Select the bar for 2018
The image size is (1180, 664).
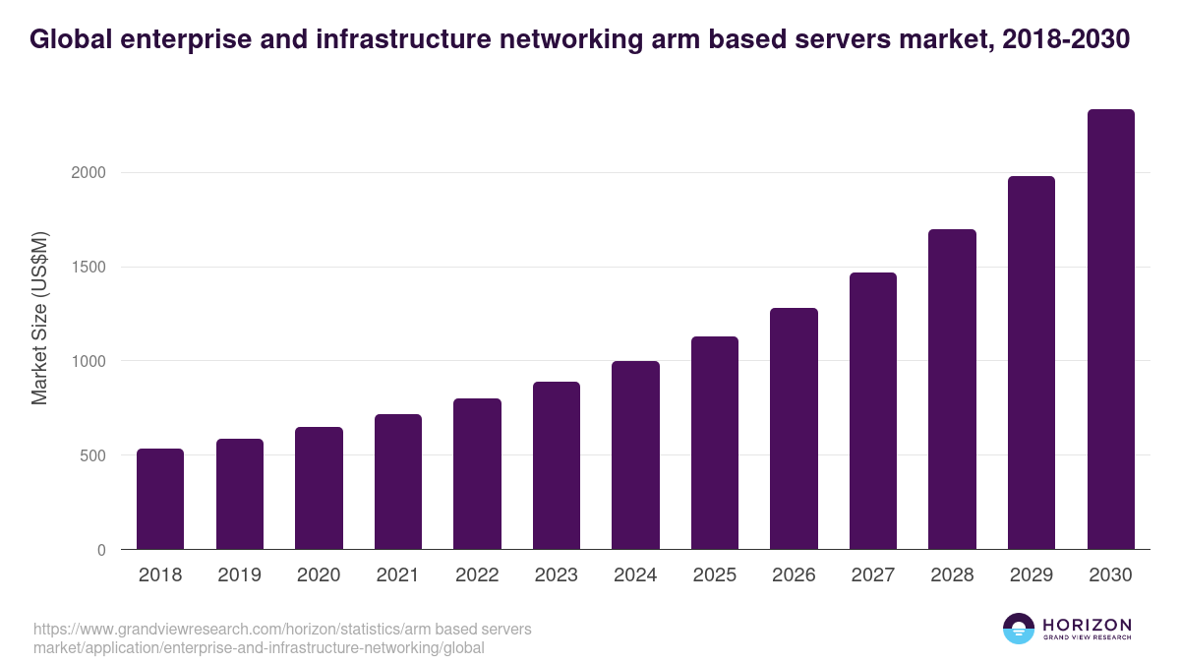(160, 499)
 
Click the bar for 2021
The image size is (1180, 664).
(398, 482)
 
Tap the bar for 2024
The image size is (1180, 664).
(635, 455)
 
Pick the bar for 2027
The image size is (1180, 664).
(873, 411)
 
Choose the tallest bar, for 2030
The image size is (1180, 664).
(1110, 330)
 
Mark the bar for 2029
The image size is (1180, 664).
(1032, 363)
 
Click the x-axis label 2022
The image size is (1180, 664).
(477, 575)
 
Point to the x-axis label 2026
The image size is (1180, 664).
(794, 575)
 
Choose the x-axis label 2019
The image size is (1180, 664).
(240, 575)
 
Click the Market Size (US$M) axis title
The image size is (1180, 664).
(39, 318)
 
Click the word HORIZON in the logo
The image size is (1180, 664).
(1087, 625)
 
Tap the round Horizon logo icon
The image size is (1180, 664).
(1019, 629)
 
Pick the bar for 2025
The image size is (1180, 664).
(715, 443)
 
